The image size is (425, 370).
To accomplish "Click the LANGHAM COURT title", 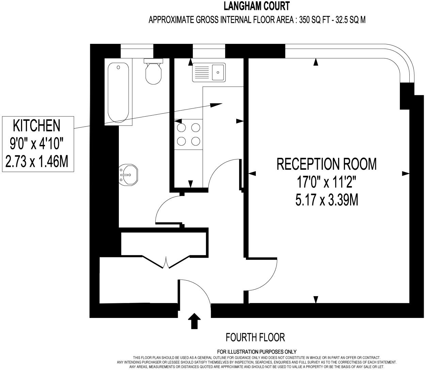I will [257, 6].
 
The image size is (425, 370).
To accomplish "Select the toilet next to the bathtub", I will [154, 73].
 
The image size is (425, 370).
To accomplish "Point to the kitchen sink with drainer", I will [208, 72].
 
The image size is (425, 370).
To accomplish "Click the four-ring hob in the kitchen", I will [189, 134].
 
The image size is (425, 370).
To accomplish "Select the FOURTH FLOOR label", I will [255, 337].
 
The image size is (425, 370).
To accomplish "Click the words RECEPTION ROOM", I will [326, 164].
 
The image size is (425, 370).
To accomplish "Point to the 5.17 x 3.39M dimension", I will [326, 201].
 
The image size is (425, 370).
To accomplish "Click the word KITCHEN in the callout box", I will [36, 125].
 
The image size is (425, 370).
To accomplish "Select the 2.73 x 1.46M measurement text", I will [36, 161].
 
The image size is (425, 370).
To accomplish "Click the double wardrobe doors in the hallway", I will [166, 262].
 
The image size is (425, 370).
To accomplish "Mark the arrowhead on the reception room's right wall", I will [406, 173].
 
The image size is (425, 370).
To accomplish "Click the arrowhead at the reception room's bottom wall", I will [316, 299].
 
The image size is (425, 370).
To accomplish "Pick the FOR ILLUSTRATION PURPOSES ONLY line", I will [256, 352].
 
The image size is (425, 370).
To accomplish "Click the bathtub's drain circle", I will [118, 67].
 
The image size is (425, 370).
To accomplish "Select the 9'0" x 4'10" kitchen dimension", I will [36, 144].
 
